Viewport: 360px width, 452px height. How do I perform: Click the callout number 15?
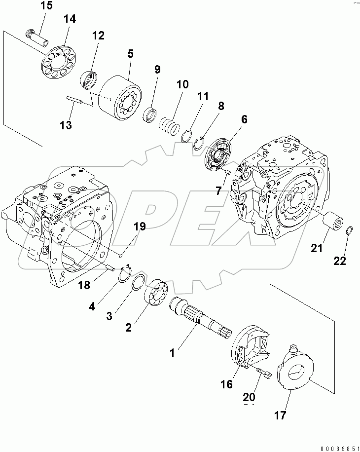click(45, 6)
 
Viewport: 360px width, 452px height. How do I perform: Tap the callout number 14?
click(70, 20)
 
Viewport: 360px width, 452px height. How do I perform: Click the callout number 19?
click(140, 226)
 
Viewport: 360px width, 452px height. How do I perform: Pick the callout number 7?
click(218, 191)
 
